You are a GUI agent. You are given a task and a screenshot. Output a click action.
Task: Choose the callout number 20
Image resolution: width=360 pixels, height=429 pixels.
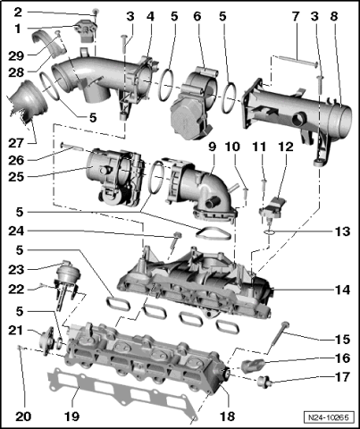[x=19, y=416]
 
